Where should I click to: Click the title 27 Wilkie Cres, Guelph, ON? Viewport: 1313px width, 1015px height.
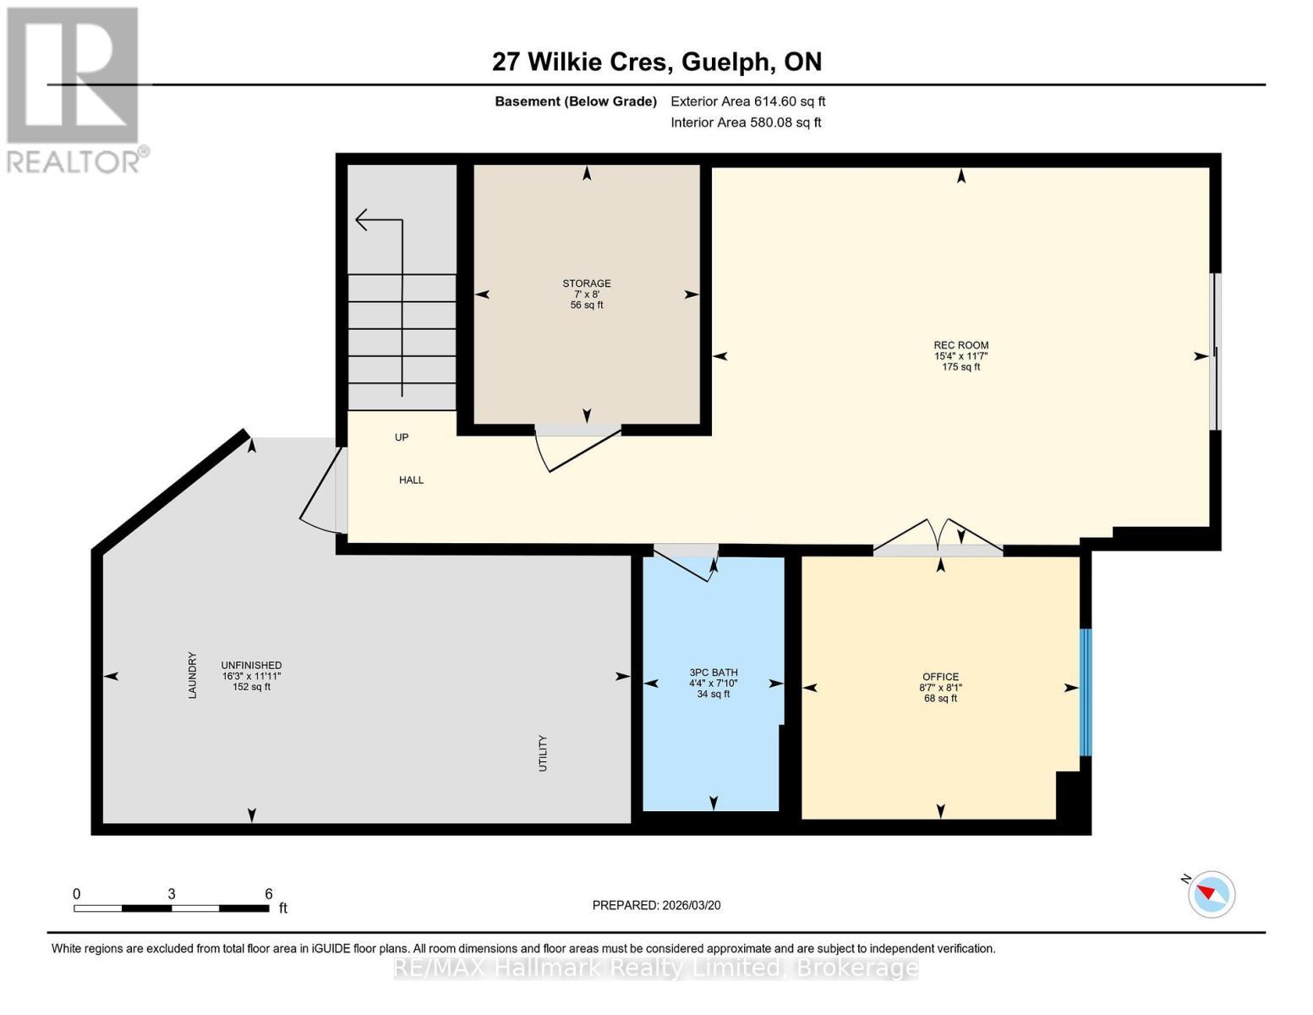(656, 62)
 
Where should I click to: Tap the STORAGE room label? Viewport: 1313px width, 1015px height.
(586, 283)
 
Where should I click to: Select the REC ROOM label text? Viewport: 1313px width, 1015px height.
(960, 345)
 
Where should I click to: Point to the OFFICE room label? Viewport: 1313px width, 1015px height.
(940, 677)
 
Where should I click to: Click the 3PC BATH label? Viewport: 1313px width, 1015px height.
(713, 672)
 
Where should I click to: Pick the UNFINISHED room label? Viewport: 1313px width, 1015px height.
(251, 665)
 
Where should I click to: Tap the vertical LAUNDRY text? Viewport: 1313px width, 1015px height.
(192, 675)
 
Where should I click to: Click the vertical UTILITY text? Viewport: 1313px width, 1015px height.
(543, 753)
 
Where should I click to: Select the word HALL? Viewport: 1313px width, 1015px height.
(411, 480)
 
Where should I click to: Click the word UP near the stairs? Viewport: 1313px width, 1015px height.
(402, 437)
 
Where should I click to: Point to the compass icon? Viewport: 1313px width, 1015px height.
(1211, 893)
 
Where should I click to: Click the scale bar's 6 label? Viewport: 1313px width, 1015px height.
(268, 893)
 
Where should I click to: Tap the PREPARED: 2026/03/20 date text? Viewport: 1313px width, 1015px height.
(656, 905)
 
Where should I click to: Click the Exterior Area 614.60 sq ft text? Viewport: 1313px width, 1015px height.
(747, 101)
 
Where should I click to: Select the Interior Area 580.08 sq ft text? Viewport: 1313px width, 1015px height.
(746, 122)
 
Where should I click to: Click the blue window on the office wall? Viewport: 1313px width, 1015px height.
(1086, 692)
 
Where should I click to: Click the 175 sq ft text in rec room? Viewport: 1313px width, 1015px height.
(960, 367)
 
